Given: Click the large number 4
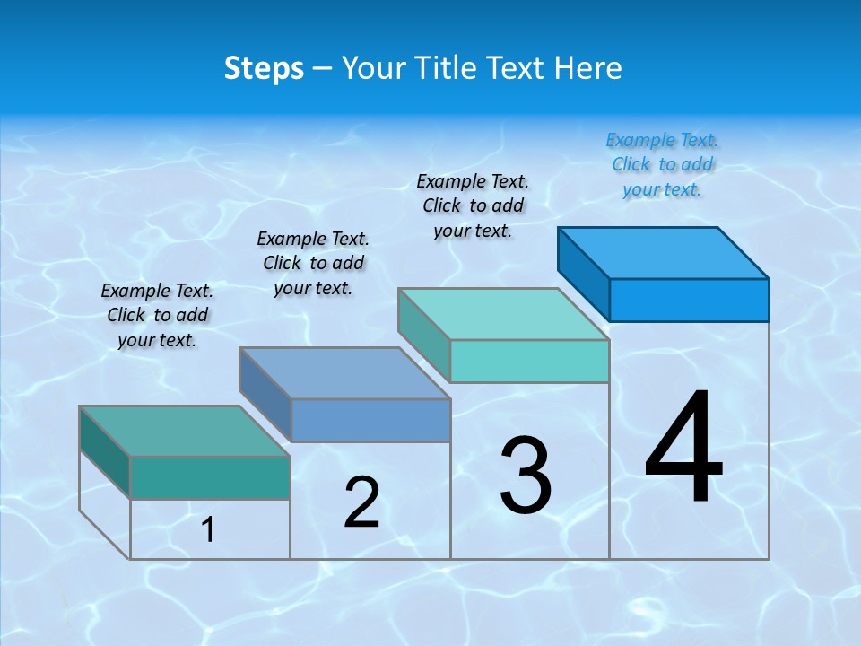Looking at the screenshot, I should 683,449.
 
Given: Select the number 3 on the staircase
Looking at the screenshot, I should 526,476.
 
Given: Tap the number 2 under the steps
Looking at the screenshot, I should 361,502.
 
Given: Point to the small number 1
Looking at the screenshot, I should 207,530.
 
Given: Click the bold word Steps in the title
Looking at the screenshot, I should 264,68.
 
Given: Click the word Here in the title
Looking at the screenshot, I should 589,68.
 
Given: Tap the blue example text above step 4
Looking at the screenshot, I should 662,165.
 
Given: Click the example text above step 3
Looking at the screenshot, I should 473,205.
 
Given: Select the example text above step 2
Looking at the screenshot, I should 313,263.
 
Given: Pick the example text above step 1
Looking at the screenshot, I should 157,315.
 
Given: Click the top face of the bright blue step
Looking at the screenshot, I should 664,252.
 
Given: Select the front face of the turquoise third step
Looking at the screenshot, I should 529,361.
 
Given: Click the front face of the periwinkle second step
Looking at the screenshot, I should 370,420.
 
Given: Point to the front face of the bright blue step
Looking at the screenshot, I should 689,300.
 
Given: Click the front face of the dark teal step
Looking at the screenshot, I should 210,477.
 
